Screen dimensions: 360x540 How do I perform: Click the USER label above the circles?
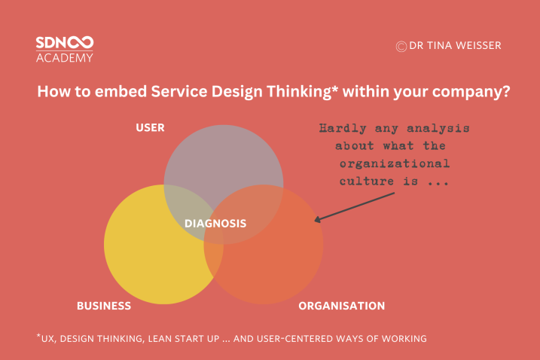point(150,127)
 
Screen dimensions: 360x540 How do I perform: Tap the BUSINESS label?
point(104,306)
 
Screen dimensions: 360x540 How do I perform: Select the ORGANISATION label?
point(341,306)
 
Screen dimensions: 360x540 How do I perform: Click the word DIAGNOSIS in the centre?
point(215,224)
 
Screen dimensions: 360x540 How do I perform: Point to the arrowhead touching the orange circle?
point(317,220)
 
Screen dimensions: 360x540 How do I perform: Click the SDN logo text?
point(64,43)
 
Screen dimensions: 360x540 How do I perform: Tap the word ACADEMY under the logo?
point(64,58)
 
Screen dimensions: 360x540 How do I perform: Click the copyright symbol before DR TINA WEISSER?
point(401,46)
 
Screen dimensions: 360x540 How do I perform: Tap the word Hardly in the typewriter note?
point(337,127)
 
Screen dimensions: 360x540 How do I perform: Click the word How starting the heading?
point(51,93)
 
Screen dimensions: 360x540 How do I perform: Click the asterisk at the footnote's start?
point(38,336)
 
